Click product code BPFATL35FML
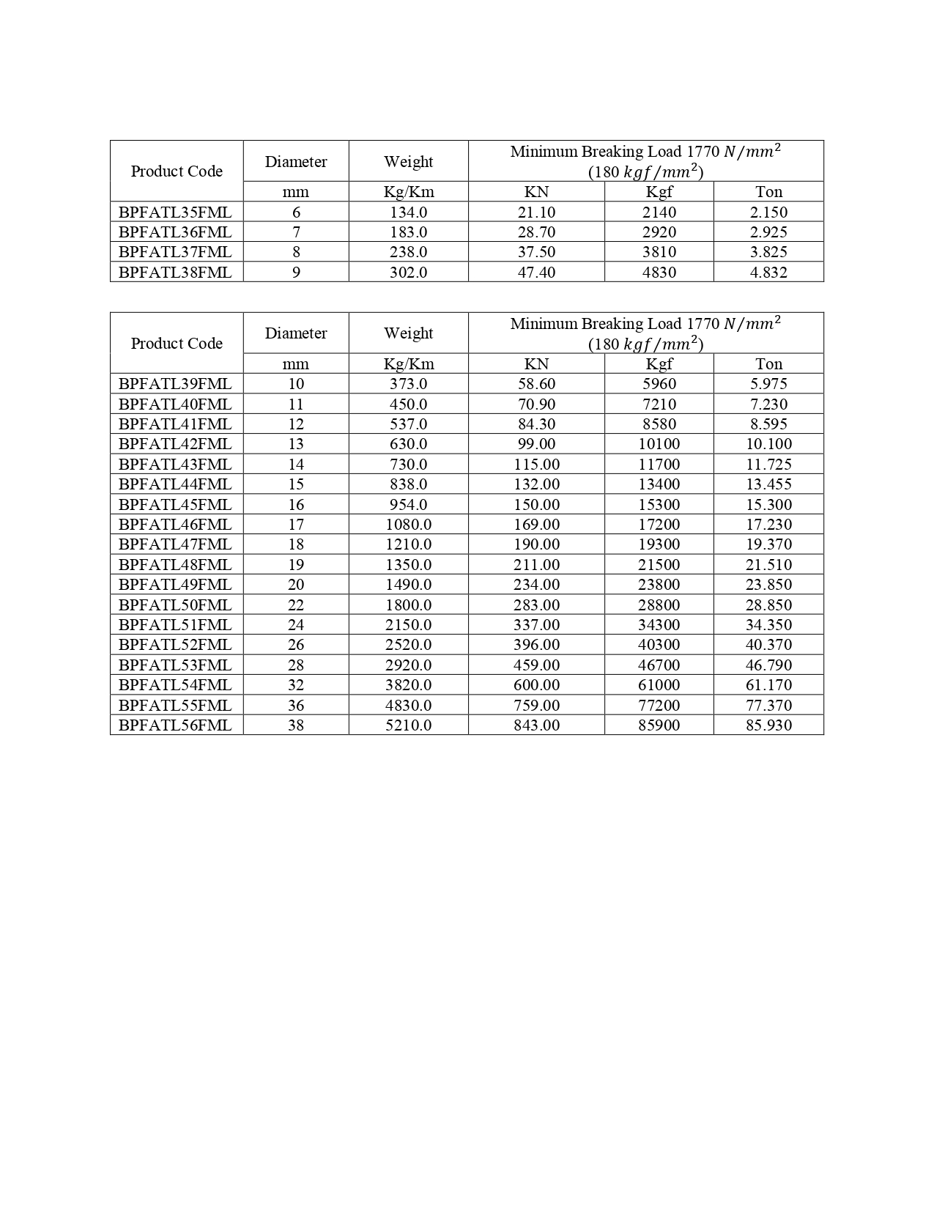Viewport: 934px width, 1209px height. [175, 212]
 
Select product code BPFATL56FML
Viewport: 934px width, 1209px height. [175, 725]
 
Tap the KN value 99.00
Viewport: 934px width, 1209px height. [536, 444]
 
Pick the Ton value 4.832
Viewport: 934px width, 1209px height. [768, 273]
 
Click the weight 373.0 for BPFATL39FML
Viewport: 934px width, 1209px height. [408, 384]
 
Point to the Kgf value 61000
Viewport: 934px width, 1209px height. [659, 685]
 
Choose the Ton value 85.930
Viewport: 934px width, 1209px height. [768, 725]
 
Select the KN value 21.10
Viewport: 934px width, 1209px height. [536, 212]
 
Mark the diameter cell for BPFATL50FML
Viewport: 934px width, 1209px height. [296, 605]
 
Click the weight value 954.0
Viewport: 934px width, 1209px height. [408, 505]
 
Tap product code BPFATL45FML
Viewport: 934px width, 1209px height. [175, 505]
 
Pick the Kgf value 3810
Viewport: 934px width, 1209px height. [659, 252]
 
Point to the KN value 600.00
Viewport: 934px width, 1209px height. [536, 685]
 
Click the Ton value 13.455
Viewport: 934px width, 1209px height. [768, 484]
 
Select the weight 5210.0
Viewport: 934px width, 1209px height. [408, 725]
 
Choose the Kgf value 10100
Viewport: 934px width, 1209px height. [659, 444]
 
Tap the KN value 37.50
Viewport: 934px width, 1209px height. [536, 252]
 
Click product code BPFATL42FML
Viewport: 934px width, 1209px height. [175, 444]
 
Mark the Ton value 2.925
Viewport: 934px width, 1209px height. [768, 232]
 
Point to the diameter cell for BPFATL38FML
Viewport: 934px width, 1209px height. [296, 273]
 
